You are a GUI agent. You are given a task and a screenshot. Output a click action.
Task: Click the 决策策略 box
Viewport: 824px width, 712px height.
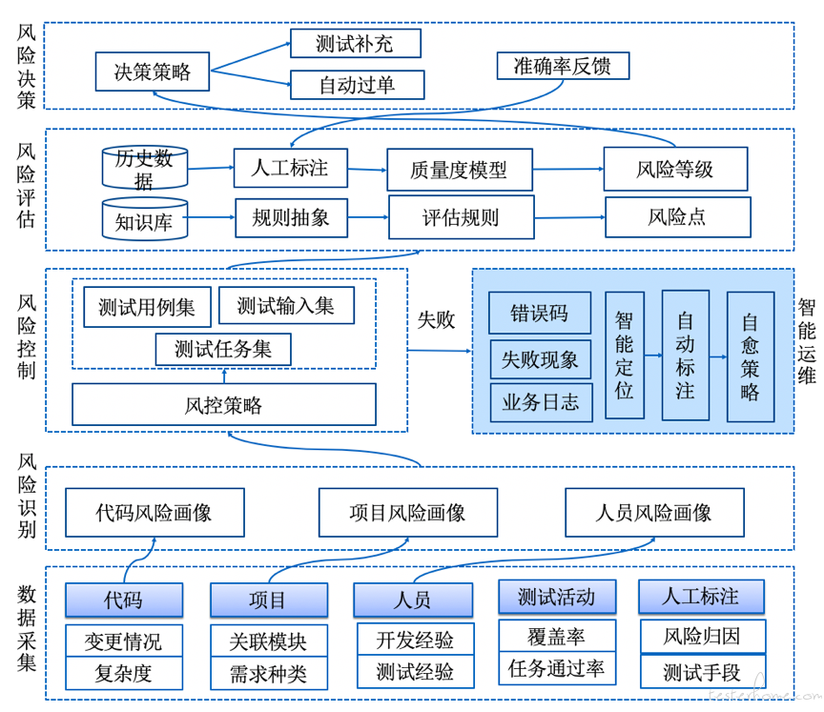[153, 71]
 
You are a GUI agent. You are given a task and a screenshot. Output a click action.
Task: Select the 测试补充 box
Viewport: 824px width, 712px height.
[355, 43]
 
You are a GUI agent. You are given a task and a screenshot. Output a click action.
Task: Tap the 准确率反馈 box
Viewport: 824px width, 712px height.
[563, 66]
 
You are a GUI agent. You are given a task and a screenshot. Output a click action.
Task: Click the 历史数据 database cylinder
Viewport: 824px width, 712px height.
[145, 168]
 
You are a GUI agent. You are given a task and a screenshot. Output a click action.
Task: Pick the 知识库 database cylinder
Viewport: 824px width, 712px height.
[145, 219]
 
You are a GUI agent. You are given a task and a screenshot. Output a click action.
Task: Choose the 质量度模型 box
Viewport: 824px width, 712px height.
[460, 170]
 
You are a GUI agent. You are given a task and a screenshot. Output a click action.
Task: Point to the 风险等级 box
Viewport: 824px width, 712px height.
[675, 169]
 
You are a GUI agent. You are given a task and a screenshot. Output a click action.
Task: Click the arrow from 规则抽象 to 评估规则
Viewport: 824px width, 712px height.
[368, 217]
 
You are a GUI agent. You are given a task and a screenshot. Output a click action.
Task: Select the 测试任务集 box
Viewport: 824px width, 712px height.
[223, 349]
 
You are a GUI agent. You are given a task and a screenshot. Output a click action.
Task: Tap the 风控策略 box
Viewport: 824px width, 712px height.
[224, 404]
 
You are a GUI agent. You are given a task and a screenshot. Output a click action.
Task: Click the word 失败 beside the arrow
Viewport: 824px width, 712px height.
[436, 319]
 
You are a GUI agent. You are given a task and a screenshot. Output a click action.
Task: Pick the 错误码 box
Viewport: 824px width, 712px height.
[540, 313]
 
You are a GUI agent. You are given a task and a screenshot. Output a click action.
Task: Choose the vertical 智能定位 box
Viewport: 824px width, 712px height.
[625, 355]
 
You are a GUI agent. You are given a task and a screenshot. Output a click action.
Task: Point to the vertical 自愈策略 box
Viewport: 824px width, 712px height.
[751, 356]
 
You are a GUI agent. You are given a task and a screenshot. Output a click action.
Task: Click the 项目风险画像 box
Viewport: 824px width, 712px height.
[408, 513]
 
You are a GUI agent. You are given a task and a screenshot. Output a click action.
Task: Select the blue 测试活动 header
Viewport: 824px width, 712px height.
[557, 597]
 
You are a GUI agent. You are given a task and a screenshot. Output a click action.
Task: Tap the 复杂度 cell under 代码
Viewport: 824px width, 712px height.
[124, 673]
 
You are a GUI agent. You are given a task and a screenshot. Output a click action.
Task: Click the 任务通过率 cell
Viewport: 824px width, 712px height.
[557, 668]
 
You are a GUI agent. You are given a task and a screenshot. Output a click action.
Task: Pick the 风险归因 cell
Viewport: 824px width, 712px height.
[703, 637]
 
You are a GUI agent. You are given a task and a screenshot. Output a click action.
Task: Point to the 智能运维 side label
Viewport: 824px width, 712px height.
[807, 341]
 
